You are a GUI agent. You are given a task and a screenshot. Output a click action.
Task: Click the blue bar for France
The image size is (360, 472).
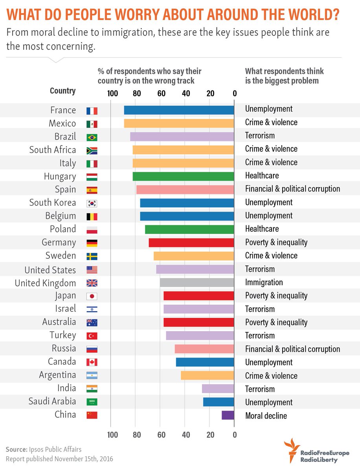click(x=179, y=110)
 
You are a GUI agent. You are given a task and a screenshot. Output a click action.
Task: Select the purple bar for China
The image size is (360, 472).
click(x=228, y=415)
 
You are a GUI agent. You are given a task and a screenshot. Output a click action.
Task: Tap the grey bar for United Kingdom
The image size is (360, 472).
click(x=197, y=282)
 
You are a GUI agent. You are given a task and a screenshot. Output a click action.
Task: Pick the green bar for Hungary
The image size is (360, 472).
click(x=183, y=176)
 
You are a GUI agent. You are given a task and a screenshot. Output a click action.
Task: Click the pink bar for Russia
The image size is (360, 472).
click(x=204, y=349)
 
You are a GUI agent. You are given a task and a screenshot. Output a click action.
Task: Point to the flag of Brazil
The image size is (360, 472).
click(x=92, y=137)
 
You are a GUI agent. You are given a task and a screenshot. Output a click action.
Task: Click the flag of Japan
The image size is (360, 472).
click(x=92, y=296)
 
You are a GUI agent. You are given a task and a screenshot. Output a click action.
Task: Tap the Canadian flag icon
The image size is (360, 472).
click(x=92, y=362)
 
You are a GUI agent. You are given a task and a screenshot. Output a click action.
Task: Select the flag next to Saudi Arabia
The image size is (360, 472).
click(x=92, y=402)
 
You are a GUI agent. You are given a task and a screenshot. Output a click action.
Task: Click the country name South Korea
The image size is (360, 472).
click(x=53, y=203)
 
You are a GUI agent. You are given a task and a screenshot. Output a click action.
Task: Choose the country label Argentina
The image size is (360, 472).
click(x=57, y=375)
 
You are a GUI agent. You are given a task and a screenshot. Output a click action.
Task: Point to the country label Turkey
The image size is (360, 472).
click(x=62, y=335)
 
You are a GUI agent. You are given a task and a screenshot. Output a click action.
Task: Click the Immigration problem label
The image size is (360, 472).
click(x=264, y=282)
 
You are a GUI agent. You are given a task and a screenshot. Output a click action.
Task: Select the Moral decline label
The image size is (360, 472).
click(x=266, y=416)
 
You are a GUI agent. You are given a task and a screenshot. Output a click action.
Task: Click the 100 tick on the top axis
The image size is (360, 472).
click(x=112, y=94)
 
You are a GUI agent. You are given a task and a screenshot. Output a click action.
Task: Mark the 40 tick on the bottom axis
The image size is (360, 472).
click(x=186, y=435)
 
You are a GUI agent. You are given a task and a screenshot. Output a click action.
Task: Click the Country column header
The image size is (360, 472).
click(x=62, y=91)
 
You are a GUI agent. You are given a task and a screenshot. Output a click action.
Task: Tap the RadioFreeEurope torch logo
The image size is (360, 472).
click(x=291, y=452)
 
